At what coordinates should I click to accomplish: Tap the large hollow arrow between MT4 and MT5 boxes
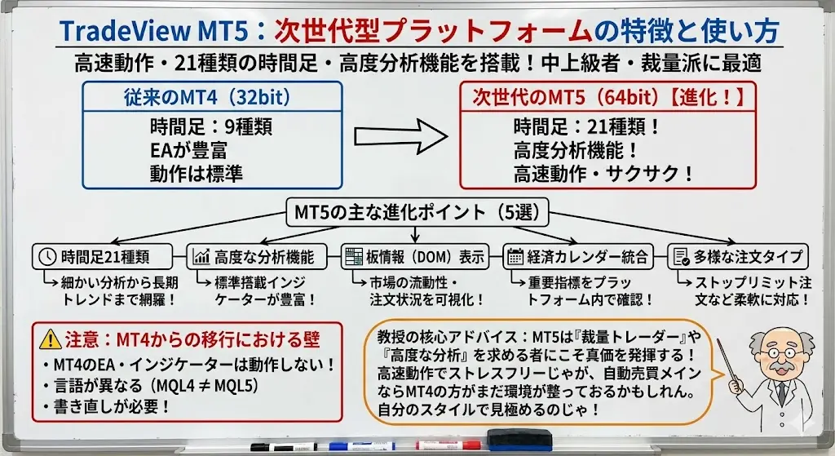pos(401,137)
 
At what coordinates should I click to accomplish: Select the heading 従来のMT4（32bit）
pos(208,97)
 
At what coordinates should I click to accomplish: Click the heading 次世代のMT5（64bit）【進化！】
pos(607,97)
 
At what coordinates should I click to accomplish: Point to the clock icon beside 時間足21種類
pos(47,257)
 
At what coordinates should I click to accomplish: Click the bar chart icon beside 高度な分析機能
pos(201,257)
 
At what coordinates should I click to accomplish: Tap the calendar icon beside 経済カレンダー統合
pos(515,257)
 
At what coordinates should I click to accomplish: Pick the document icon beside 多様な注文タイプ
pos(681,257)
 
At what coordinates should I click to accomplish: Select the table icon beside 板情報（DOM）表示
pos(354,257)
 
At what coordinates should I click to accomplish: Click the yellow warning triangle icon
pos(51,339)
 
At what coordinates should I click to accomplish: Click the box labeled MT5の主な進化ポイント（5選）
pos(417,213)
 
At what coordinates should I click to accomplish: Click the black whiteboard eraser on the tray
pos(519,438)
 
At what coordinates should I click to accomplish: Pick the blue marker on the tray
pos(362,446)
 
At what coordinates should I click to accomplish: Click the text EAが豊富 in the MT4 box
pos(188,151)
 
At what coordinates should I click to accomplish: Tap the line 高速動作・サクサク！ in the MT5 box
pos(604,175)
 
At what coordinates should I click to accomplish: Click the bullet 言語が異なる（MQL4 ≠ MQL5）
pos(152,386)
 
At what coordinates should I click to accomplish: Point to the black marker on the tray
pos(284,447)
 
